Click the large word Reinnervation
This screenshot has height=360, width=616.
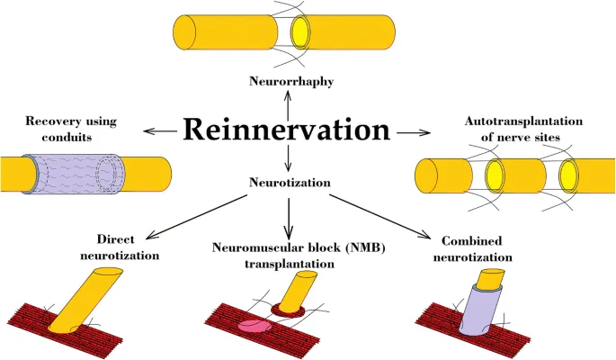286,130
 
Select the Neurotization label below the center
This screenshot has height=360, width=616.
290,183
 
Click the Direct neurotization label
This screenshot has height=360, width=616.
127,247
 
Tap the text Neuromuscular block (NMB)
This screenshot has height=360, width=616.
287,247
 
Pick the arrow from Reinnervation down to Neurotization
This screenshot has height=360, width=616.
288,159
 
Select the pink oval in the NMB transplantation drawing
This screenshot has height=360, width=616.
255,325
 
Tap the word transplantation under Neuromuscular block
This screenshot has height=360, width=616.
287,265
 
